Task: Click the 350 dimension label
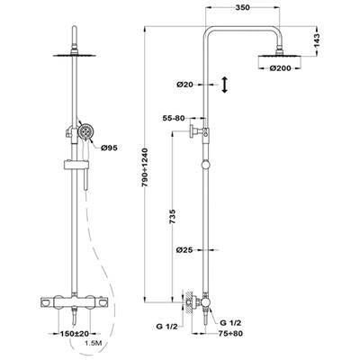243,8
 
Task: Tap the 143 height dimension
317,41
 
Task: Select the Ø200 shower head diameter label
280,68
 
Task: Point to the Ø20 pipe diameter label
184,85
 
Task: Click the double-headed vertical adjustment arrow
224,85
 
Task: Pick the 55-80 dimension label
174,118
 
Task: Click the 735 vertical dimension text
173,216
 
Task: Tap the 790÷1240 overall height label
145,167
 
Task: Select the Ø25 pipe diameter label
184,249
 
